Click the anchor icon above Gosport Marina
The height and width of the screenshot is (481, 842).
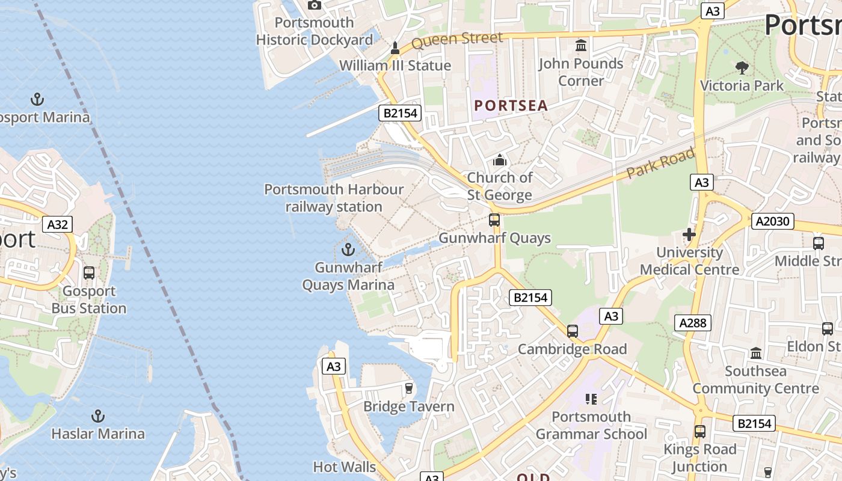pyautogui.click(x=37, y=99)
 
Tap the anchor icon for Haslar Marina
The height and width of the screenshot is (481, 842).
pyautogui.click(x=97, y=415)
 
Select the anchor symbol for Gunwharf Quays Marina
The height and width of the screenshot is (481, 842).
pyautogui.click(x=348, y=249)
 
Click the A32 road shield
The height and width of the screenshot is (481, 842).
pyautogui.click(x=58, y=224)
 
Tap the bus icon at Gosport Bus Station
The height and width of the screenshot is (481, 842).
pyautogui.click(x=89, y=272)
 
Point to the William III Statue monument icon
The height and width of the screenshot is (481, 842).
pyautogui.click(x=395, y=47)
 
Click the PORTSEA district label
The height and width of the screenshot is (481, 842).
pyautogui.click(x=511, y=106)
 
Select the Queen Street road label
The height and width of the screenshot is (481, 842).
pyautogui.click(x=457, y=40)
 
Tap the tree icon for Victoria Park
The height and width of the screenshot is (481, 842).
pyautogui.click(x=742, y=67)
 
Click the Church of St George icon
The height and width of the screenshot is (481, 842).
pyautogui.click(x=500, y=160)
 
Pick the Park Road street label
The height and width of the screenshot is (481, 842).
pyautogui.click(x=660, y=162)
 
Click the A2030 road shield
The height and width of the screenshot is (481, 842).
pyautogui.click(x=772, y=221)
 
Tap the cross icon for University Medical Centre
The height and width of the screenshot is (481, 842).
pyautogui.click(x=689, y=234)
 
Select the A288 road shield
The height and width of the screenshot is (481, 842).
pyautogui.click(x=692, y=322)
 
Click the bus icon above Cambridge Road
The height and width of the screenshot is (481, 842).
pyautogui.click(x=573, y=331)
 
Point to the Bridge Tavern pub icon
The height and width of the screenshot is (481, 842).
pyautogui.click(x=409, y=388)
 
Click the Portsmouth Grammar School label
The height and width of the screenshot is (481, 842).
pyautogui.click(x=591, y=425)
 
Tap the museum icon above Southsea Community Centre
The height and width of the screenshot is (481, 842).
pyautogui.click(x=756, y=353)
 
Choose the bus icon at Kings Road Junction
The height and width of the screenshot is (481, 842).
pyautogui.click(x=699, y=431)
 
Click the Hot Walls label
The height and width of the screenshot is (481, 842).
pyautogui.click(x=344, y=467)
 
